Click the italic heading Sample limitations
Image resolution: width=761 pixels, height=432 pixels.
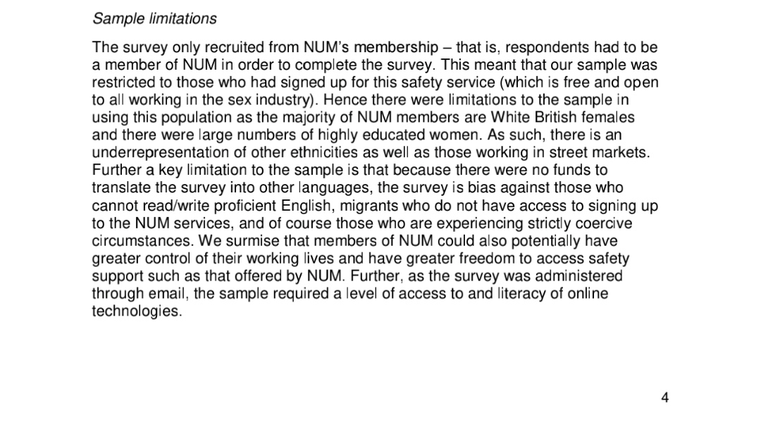coord(154,18)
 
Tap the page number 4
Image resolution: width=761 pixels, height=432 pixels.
coord(665,398)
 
